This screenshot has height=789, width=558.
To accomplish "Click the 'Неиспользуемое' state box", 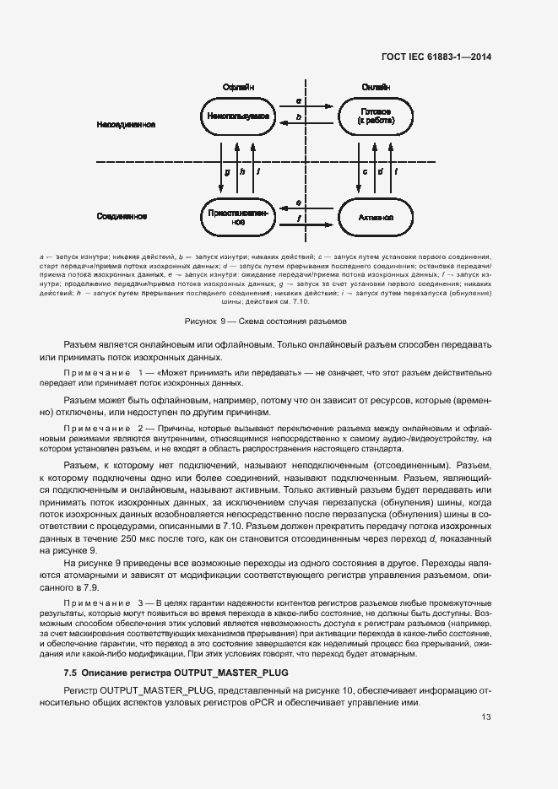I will pos(238,117).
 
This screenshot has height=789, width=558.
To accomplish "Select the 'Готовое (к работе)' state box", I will pos(375,117).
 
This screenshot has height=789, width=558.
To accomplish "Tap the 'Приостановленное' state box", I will pos(238,218).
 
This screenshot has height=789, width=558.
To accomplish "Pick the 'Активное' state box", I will pos(375,217).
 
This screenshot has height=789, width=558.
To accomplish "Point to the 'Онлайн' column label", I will pos(375,88).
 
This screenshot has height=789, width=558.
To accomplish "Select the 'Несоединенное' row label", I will pos(126,125).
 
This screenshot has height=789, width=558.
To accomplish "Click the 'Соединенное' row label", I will pos(122,216).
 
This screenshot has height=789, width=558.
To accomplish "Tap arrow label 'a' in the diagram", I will pos(299,100).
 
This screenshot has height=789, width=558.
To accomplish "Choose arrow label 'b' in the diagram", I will pos(299,116).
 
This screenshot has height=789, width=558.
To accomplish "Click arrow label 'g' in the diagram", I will pos(227,171).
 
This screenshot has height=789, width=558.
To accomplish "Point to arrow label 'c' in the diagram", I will pos(364,171).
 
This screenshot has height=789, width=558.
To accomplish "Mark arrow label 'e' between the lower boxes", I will pos(299,203).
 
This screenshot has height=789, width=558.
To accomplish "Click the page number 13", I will pos(486,718).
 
